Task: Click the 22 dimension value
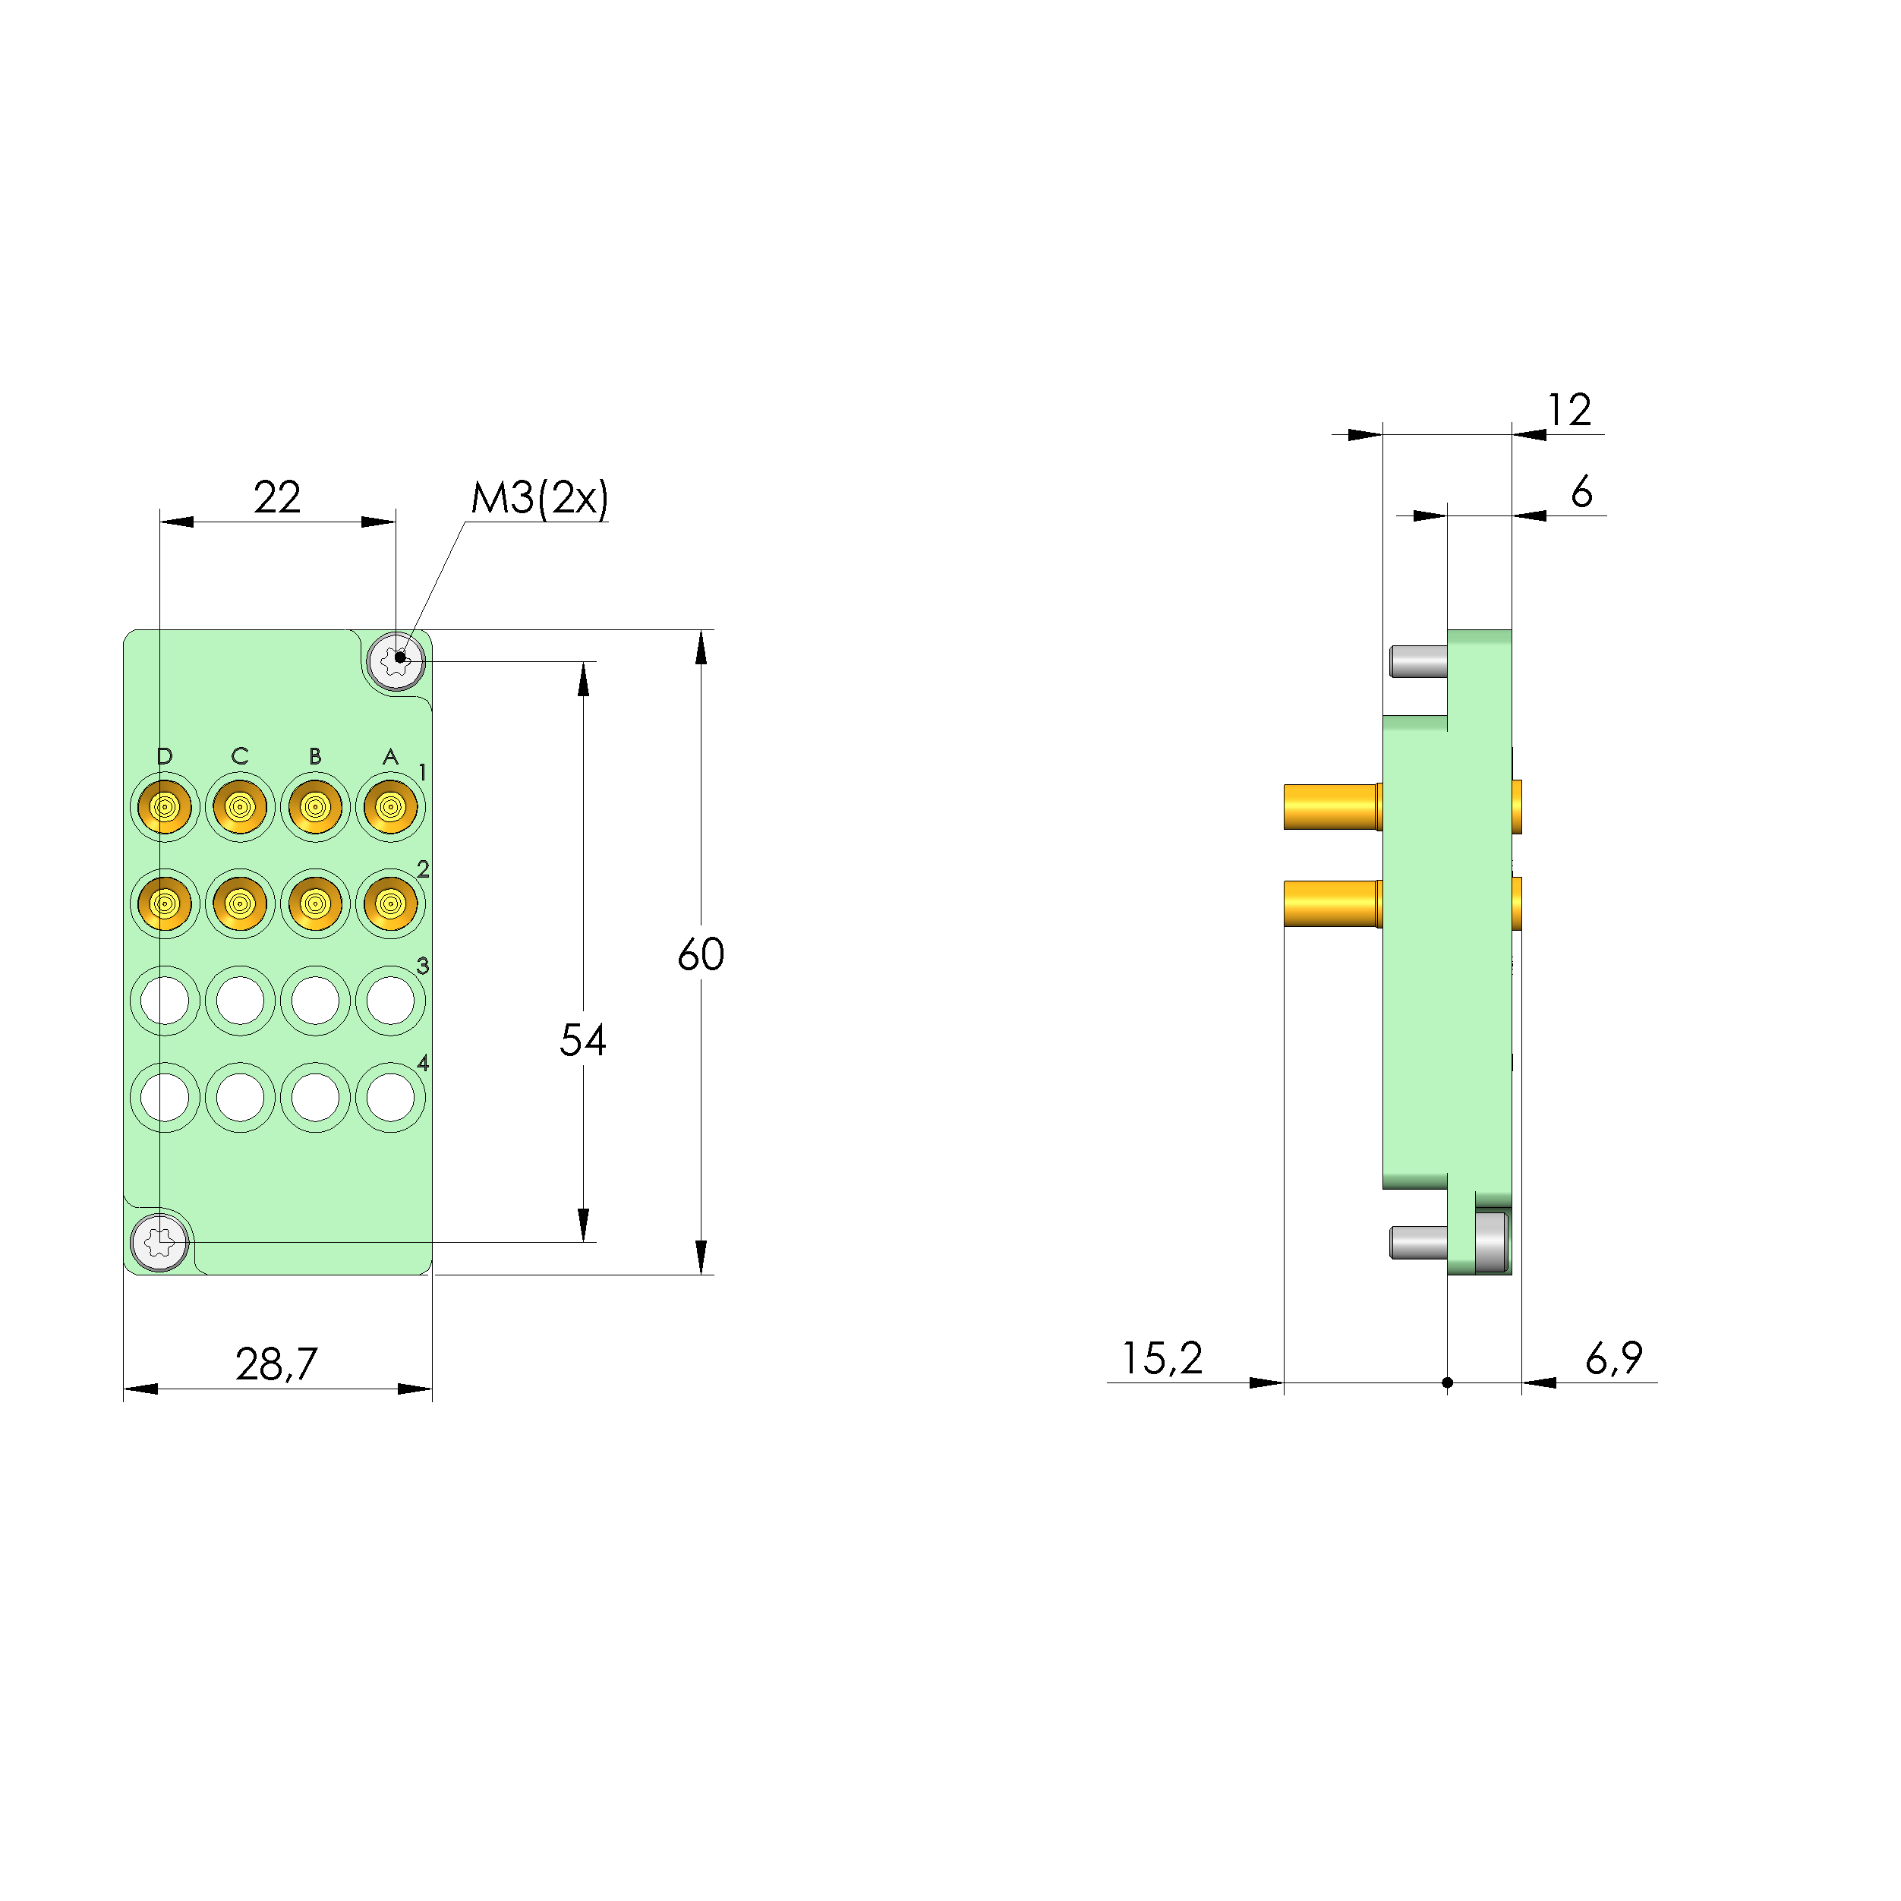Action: [x=276, y=498]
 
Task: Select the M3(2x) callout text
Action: [x=539, y=498]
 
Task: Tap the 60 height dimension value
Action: [x=701, y=954]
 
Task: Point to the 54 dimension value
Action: [x=582, y=1040]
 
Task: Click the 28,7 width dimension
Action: [x=276, y=1363]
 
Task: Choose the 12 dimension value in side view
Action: [x=1568, y=410]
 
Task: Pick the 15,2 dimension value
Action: [x=1162, y=1359]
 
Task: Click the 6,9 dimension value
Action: [x=1614, y=1359]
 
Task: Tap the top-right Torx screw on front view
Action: [x=396, y=661]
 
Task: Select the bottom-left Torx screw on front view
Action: [x=160, y=1243]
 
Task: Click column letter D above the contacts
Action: [x=164, y=755]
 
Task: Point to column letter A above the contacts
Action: [x=391, y=755]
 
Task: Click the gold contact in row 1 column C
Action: [x=240, y=807]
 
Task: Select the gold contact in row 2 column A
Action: [x=391, y=903]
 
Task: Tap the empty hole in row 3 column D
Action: [x=164, y=1001]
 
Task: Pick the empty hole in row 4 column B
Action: [x=315, y=1097]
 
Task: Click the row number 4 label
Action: [x=423, y=1063]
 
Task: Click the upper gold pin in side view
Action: [x=1332, y=807]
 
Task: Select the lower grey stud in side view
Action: [x=1418, y=1243]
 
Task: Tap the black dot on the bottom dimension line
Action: [x=1448, y=1382]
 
